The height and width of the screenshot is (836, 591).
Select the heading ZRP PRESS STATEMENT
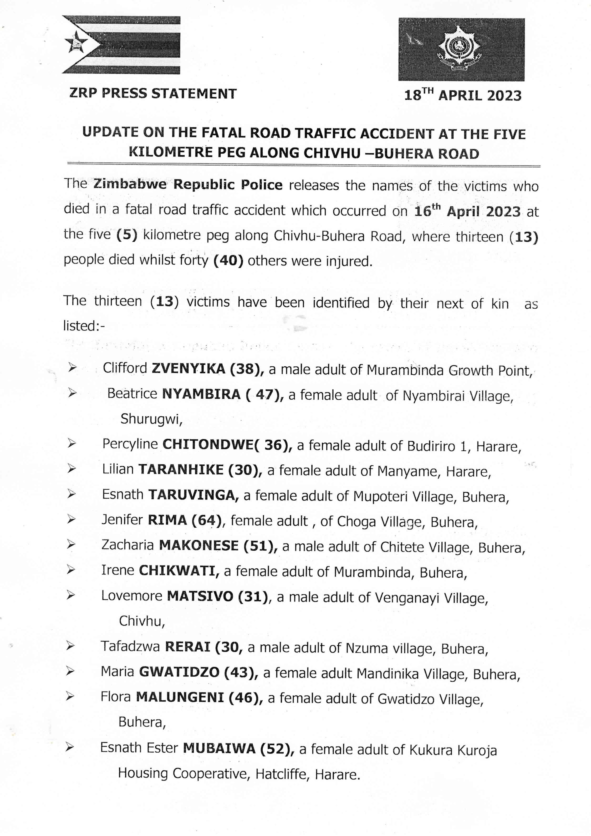(x=153, y=94)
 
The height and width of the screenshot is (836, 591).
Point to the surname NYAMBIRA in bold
(x=201, y=394)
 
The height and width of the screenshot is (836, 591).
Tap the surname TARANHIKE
(x=181, y=470)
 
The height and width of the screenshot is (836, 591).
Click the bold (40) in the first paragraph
(x=228, y=261)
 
